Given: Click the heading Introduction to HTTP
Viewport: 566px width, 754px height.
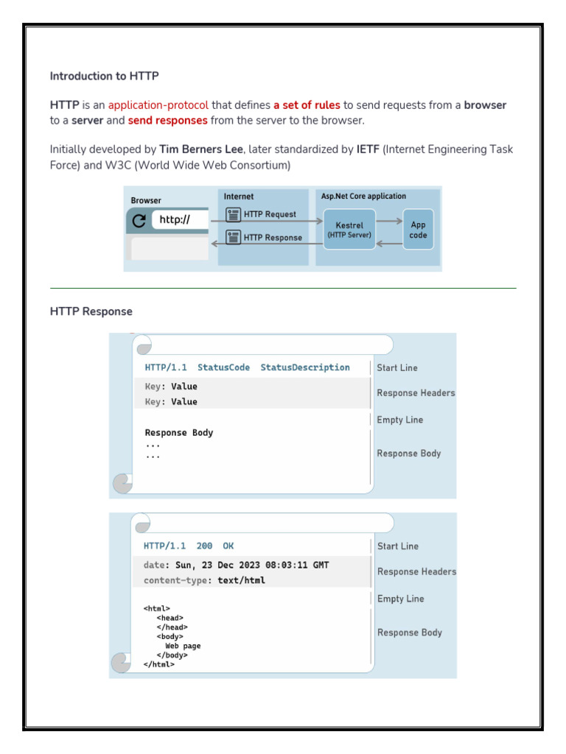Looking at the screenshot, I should pyautogui.click(x=104, y=76).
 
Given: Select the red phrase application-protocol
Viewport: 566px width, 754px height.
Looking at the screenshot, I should pyautogui.click(x=158, y=105).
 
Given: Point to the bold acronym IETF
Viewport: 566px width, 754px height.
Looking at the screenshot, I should pyautogui.click(x=368, y=149).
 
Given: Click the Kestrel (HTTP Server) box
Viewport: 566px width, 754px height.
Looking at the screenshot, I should pyautogui.click(x=349, y=229).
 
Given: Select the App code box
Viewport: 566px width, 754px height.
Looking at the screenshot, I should pyautogui.click(x=418, y=229).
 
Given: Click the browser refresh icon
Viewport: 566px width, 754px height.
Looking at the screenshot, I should pyautogui.click(x=139, y=220).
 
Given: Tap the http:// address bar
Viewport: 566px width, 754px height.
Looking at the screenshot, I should pyautogui.click(x=180, y=219).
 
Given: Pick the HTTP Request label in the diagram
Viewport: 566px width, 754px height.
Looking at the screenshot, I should pyautogui.click(x=270, y=215).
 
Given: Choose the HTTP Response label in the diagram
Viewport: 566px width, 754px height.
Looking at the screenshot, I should pyautogui.click(x=272, y=238).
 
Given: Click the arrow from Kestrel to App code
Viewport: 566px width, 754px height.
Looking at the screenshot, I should pyautogui.click(x=389, y=220).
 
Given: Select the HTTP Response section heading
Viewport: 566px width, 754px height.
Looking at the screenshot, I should pyautogui.click(x=91, y=311).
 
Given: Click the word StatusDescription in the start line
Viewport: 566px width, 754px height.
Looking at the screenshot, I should pyautogui.click(x=305, y=367).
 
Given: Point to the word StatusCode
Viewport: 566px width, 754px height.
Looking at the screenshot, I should pyautogui.click(x=223, y=367).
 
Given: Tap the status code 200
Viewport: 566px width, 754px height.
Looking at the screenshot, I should pyautogui.click(x=204, y=546).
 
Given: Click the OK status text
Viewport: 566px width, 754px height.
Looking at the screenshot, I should pyautogui.click(x=228, y=546).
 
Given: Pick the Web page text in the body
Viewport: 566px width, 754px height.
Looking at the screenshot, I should pyautogui.click(x=182, y=646).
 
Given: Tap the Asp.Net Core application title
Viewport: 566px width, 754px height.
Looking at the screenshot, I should pyautogui.click(x=363, y=197).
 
